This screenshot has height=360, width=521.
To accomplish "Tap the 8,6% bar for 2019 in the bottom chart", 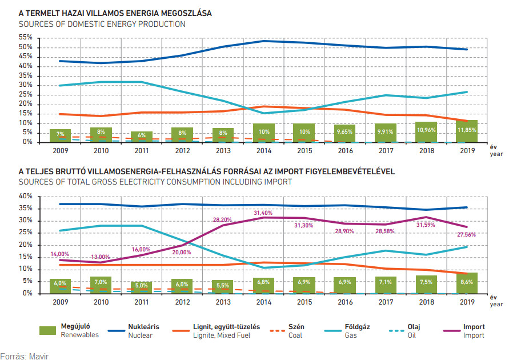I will click(467, 283).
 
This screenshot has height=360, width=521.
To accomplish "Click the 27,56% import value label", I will click(466, 235).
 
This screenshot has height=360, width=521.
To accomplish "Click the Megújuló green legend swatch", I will click(48, 330).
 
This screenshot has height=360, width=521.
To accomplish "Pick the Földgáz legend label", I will click(357, 327).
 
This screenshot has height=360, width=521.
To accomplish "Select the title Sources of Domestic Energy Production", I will click(102, 25).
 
